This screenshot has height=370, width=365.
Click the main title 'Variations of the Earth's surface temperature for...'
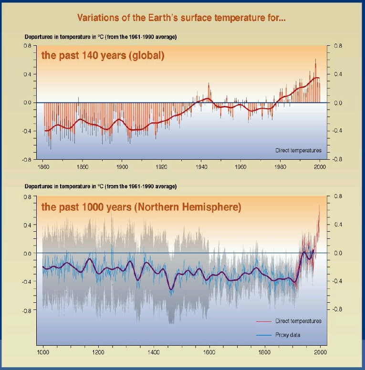point(181,19)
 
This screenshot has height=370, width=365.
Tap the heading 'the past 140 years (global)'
point(103,56)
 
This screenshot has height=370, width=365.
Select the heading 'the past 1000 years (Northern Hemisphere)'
point(141,207)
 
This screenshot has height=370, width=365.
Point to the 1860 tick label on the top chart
point(43,167)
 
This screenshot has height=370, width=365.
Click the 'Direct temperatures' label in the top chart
point(299,150)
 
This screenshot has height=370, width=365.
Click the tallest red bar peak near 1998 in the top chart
point(315,60)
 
